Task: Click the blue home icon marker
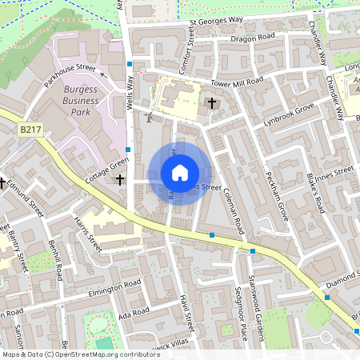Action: click(x=180, y=172)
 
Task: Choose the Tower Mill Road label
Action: click(x=237, y=82)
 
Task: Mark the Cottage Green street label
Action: click(x=107, y=170)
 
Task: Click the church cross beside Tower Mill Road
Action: click(x=212, y=103)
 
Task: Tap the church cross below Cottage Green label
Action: click(x=120, y=181)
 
